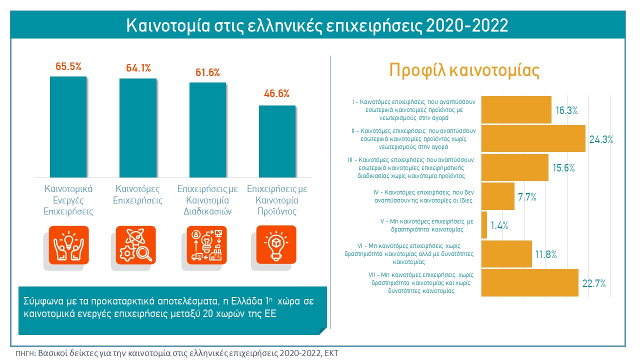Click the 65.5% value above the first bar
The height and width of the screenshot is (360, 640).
pos(68,66)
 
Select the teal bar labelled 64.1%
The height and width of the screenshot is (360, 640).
pos(137,127)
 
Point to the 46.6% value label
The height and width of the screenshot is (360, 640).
pos(276,93)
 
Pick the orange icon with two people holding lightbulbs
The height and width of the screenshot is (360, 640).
pos(68,245)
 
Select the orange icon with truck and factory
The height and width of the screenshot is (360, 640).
pos(206,245)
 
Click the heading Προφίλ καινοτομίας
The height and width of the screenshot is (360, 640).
pos(464,70)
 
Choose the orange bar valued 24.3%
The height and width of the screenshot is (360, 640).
pos(533,138)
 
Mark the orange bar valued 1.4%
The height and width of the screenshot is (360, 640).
pos(484,225)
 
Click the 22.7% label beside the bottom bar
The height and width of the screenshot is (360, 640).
pos(594,283)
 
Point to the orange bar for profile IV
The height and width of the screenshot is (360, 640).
pos(497,196)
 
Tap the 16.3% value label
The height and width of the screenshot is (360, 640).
pos(566,110)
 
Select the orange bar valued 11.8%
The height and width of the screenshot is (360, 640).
pos(506,254)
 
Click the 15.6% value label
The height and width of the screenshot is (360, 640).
pos(563,168)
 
